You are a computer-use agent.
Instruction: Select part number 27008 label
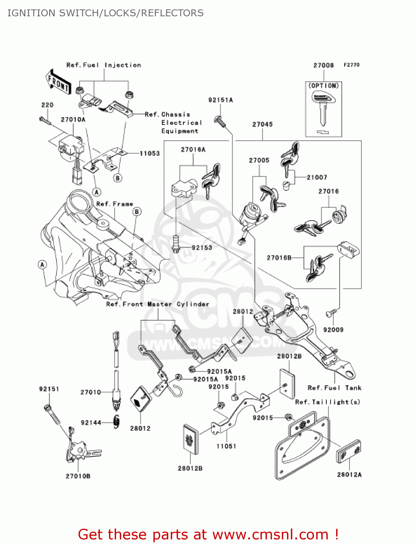pyautogui.click(x=323, y=66)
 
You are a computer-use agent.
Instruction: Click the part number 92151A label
pyautogui.click(x=221, y=100)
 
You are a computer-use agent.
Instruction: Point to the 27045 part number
pyautogui.click(x=262, y=125)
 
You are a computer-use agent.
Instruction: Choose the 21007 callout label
pyautogui.click(x=317, y=177)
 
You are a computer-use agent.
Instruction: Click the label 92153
pyautogui.click(x=202, y=248)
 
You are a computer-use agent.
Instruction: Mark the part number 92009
pyautogui.click(x=333, y=330)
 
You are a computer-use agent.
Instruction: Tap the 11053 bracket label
pyautogui.click(x=150, y=153)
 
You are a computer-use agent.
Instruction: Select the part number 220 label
pyautogui.click(x=47, y=105)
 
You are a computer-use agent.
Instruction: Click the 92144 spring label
pyautogui.click(x=91, y=422)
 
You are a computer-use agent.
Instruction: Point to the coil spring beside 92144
pyautogui.click(x=116, y=422)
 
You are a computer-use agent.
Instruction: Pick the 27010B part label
pyautogui.click(x=78, y=476)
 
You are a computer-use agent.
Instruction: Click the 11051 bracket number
pyautogui.click(x=226, y=446)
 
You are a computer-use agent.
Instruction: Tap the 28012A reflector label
pyautogui.click(x=350, y=475)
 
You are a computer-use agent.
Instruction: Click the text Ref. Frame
pyautogui.click(x=115, y=204)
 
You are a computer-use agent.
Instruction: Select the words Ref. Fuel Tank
pyautogui.click(x=335, y=388)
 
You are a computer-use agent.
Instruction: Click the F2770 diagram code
pyautogui.click(x=352, y=65)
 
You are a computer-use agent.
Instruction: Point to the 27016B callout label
pyautogui.click(x=279, y=258)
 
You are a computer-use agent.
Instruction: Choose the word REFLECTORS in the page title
pyautogui.click(x=172, y=13)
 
